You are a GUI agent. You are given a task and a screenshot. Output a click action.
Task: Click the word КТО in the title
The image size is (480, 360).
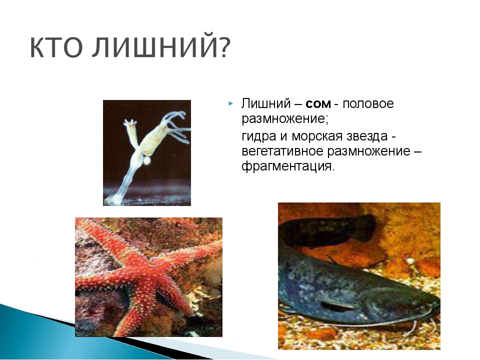click(56, 47)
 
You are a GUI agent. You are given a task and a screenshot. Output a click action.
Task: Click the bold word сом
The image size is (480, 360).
click(318, 104)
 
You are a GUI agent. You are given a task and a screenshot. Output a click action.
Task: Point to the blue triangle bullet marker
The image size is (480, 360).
click(230, 103)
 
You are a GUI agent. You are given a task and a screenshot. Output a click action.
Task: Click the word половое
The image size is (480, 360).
click(368, 103)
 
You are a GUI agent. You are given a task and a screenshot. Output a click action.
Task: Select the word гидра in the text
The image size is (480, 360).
click(258, 136)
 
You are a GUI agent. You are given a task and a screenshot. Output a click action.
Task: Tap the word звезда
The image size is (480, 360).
click(367, 136)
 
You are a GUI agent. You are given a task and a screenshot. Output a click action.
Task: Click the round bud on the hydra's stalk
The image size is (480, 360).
click(147, 160)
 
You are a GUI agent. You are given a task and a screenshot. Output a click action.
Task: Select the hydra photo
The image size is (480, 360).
click(147, 153)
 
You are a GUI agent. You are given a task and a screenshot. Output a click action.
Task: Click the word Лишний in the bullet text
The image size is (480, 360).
click(265, 103)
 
